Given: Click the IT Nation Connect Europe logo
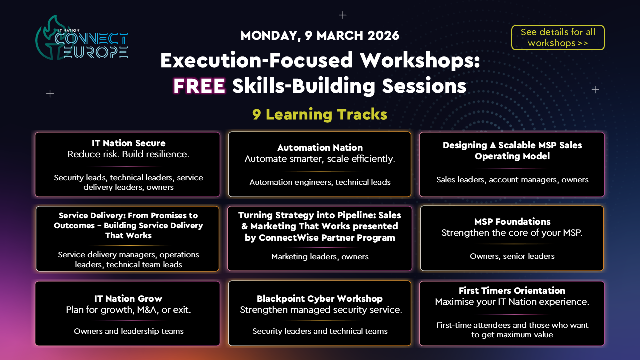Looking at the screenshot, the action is click(x=82, y=38).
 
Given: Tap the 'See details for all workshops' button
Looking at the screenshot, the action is click(x=558, y=37).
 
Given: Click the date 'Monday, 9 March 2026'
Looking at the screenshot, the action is click(x=320, y=35).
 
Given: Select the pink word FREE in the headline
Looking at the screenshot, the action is click(x=199, y=86).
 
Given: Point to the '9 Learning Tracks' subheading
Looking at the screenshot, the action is click(x=320, y=115).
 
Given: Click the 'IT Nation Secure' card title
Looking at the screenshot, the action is click(x=128, y=143).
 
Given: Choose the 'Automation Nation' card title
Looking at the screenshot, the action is click(x=320, y=147).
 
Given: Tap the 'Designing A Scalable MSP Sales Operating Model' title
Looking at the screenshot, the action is click(x=512, y=151).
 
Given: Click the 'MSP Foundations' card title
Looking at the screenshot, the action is click(x=512, y=221).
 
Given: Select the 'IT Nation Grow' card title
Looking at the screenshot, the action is click(x=128, y=299).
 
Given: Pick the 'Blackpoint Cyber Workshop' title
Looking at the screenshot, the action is click(x=320, y=299).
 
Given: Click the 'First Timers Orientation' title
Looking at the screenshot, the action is click(x=512, y=291).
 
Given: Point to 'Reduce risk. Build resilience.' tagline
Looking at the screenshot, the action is click(x=128, y=154).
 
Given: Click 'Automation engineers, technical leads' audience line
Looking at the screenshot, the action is click(x=320, y=182).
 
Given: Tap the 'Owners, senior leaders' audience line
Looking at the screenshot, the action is click(x=512, y=256).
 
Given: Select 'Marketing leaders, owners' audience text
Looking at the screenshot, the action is click(x=320, y=257).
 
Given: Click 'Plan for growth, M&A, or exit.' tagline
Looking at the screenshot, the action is click(x=128, y=310).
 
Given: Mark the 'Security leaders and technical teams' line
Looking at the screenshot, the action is click(x=320, y=331).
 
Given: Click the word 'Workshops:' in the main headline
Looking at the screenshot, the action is click(x=419, y=61).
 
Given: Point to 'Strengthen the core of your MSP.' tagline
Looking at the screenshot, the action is click(x=512, y=233).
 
